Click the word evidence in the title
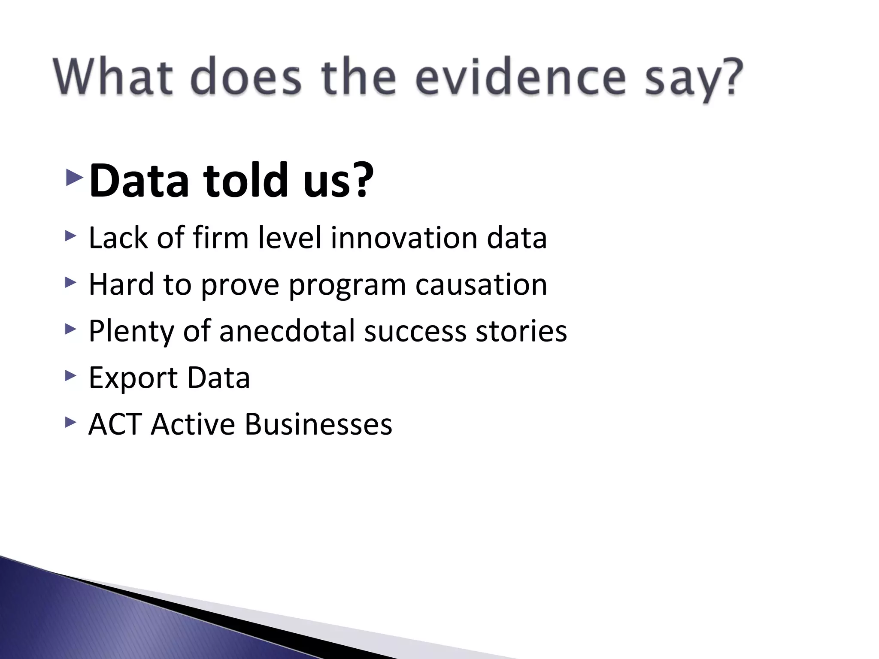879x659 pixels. pos(520,78)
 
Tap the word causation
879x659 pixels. pos(481,284)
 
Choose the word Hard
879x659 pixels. pos(121,284)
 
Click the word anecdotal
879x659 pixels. pos(287,331)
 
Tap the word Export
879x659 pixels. pos(133,378)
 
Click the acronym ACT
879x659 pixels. pos(115,424)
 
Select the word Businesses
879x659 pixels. pos(318,424)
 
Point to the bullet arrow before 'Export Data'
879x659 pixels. pos(70,376)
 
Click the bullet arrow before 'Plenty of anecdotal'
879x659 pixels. pos(70,329)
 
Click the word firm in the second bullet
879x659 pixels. pos(221,238)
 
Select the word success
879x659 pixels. pos(415,331)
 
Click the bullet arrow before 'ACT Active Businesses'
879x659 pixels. pos(70,423)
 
